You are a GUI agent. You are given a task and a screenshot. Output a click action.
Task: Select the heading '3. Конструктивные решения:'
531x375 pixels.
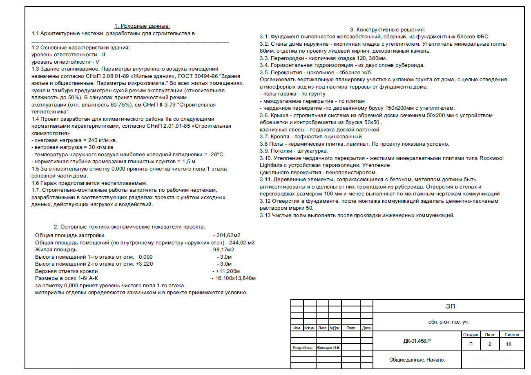pyautogui.click(x=388, y=29)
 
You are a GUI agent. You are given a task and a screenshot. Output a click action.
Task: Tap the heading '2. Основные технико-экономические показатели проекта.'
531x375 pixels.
pyautogui.click(x=130, y=227)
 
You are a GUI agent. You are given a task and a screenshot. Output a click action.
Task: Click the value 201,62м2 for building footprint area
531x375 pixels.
pyautogui.click(x=228, y=235)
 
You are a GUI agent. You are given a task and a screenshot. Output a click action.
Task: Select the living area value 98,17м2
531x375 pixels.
pyautogui.click(x=223, y=249)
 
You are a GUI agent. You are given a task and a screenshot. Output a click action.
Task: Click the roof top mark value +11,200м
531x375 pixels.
pyautogui.click(x=227, y=271)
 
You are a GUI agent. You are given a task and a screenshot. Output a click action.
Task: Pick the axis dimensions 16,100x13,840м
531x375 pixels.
pyautogui.click(x=235, y=278)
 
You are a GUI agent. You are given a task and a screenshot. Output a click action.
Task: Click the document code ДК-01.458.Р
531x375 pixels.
pyautogui.click(x=417, y=341)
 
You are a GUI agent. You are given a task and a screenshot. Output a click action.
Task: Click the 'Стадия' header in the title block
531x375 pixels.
pyautogui.click(x=471, y=335)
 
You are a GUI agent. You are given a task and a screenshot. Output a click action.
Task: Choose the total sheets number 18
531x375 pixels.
pyautogui.click(x=508, y=344)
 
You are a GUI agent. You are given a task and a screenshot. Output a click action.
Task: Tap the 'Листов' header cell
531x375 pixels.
pyautogui.click(x=511, y=335)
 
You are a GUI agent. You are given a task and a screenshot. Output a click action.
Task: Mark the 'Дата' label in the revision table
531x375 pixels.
pyautogui.click(x=366, y=328)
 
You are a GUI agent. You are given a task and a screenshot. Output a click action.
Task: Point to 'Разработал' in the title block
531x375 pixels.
pyautogui.click(x=303, y=348)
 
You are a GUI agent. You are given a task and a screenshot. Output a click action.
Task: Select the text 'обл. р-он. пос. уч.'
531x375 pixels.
pyautogui.click(x=448, y=322)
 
